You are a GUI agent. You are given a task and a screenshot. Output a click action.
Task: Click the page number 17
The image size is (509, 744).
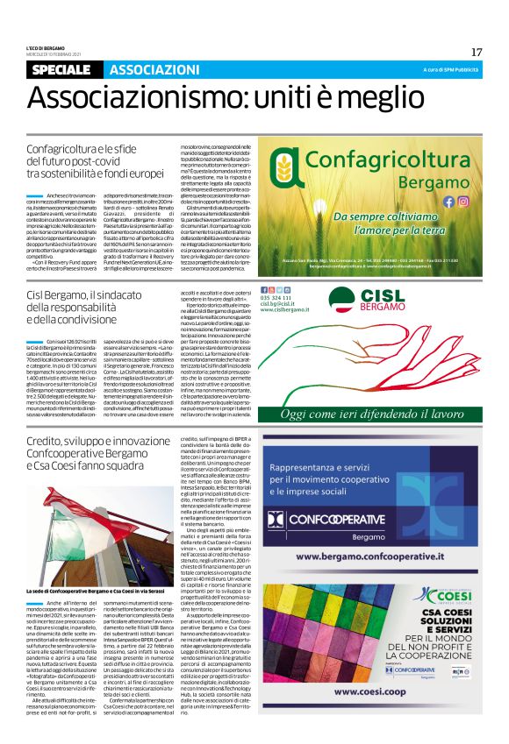coord(476,52)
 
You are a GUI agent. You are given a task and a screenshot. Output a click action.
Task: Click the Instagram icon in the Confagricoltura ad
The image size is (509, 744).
coord(463,201)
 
